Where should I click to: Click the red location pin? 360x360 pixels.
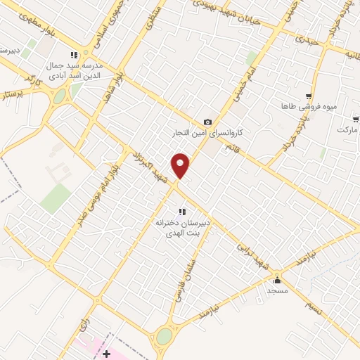[x=181, y=165]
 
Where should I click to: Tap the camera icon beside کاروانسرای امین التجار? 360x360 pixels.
[x=207, y=122]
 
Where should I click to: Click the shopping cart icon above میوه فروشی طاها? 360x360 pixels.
[x=308, y=96]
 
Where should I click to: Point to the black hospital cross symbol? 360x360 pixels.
[x=106, y=354]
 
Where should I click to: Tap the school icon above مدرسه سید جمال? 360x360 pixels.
[x=74, y=55]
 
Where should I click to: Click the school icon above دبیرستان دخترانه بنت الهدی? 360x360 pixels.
[x=181, y=212]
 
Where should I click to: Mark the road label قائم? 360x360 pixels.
[x=230, y=148]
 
